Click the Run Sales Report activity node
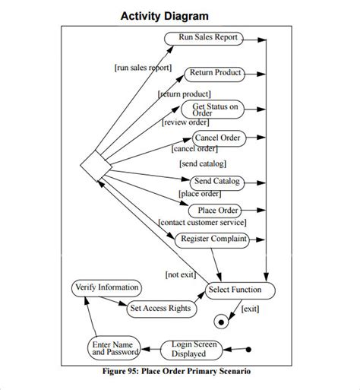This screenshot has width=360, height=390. [208, 37]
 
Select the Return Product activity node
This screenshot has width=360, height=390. [215, 74]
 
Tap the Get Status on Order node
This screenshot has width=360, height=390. [214, 109]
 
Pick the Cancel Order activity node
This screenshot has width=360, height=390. [217, 138]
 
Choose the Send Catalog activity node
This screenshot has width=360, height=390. [216, 182]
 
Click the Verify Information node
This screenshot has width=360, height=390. [106, 287]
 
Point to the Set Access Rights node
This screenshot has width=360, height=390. [159, 309]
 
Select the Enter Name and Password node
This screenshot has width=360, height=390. [115, 348]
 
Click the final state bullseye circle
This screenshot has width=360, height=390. [222, 321]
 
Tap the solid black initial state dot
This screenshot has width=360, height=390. [248, 350]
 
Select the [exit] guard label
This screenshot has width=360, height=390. [250, 309]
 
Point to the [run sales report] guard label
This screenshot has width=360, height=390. [143, 67]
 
